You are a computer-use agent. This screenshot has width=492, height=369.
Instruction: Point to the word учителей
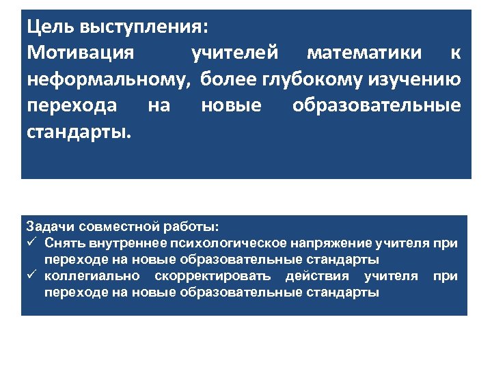pyautogui.click(x=235, y=54)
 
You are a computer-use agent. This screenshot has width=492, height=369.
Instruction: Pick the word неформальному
pyautogui.click(x=108, y=80)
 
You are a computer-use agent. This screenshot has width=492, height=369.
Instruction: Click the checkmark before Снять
pyautogui.click(x=31, y=243)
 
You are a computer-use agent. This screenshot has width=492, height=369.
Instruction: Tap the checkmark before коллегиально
pyautogui.click(x=31, y=276)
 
